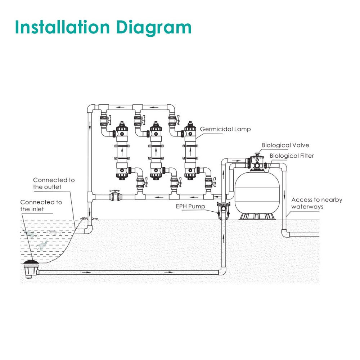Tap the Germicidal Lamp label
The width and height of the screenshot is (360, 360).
pyautogui.click(x=225, y=129)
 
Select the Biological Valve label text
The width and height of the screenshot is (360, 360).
pyautogui.click(x=285, y=145)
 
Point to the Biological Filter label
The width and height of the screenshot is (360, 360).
pyautogui.click(x=292, y=156)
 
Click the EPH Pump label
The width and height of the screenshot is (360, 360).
pyautogui.click(x=191, y=206)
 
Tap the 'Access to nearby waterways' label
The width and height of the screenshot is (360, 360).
pyautogui.click(x=316, y=203)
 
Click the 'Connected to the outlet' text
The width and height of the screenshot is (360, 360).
pyautogui.click(x=54, y=183)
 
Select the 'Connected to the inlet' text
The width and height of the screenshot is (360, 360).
pyautogui.click(x=41, y=206)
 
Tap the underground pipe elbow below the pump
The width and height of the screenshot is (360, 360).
pyautogui.click(x=223, y=271)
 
